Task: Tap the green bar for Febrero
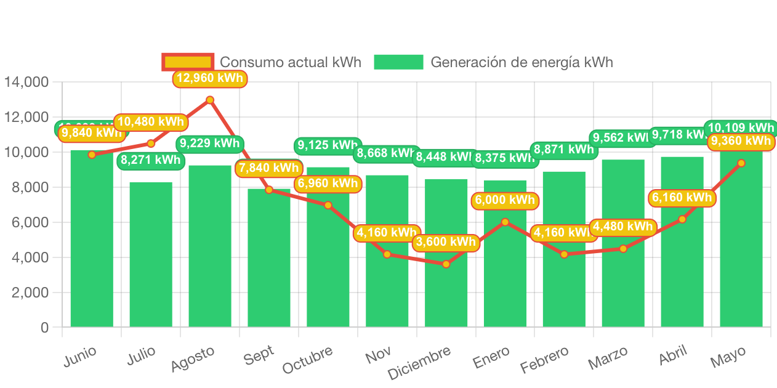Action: tap(564, 289)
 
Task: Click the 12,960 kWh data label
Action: tap(209, 78)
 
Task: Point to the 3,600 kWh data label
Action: tap(446, 242)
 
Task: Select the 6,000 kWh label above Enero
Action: tap(505, 200)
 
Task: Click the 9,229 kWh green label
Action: tap(209, 143)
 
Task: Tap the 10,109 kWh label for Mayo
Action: tap(741, 127)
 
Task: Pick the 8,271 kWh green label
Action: tap(151, 160)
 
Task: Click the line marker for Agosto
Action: tap(210, 100)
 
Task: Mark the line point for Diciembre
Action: tap(446, 264)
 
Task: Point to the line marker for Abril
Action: tap(682, 219)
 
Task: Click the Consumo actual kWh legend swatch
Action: tap(188, 62)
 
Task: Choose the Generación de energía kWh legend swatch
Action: tap(398, 62)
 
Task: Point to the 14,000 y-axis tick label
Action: tap(26, 81)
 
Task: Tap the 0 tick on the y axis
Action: tap(44, 328)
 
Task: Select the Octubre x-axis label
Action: tap(308, 360)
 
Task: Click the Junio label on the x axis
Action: tap(80, 356)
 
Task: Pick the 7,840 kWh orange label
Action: tap(268, 168)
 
